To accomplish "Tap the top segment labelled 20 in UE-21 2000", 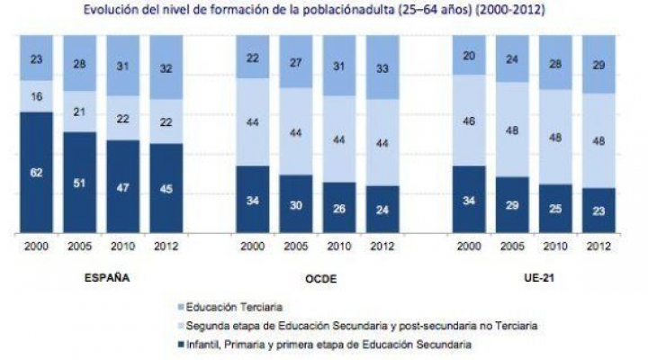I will click(468, 56).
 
